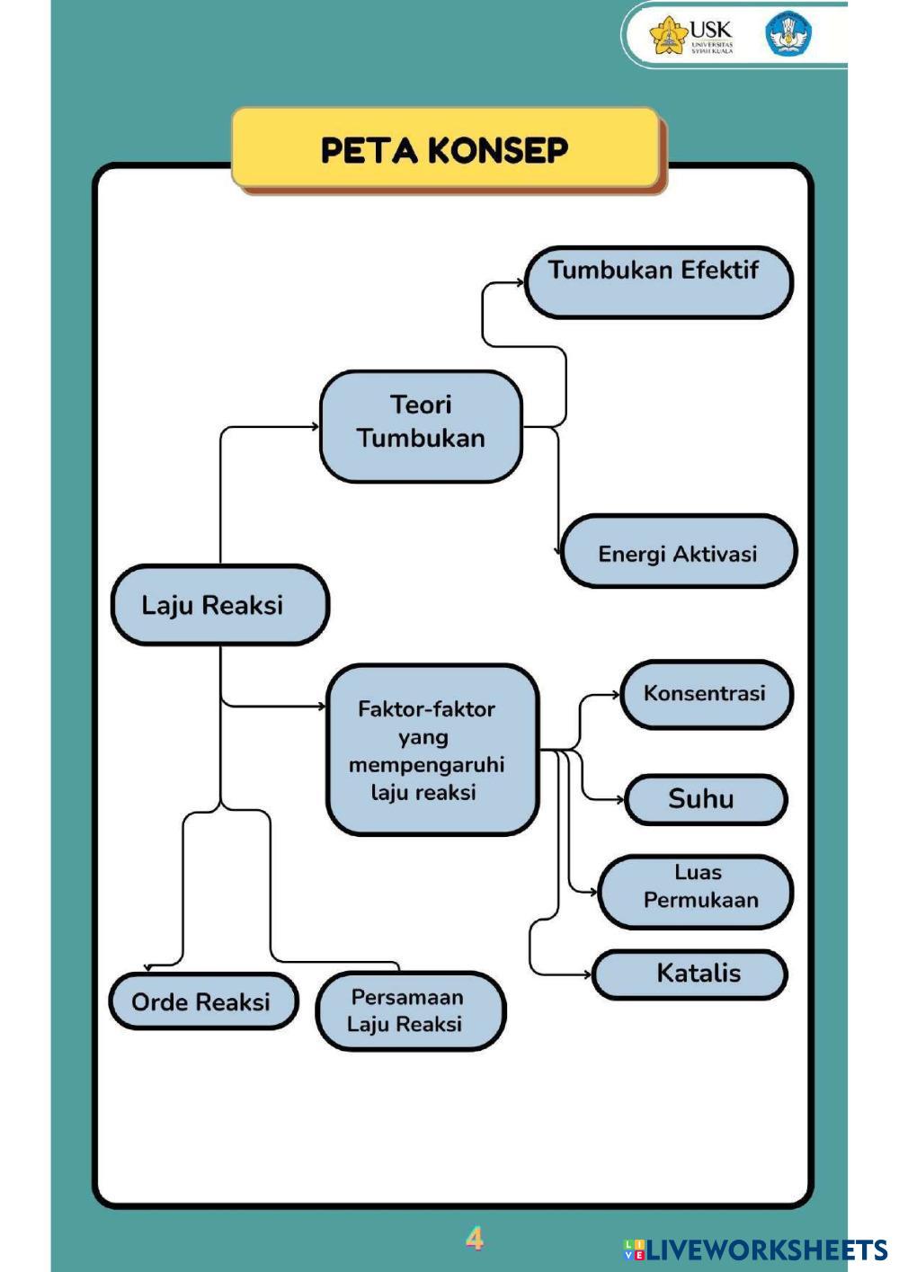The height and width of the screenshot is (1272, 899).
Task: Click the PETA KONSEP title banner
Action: point(445,149)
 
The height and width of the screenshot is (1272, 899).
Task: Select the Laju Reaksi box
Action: point(219,605)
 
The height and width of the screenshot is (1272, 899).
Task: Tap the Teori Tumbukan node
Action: point(421,426)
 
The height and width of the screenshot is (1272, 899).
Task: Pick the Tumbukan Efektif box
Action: point(658,282)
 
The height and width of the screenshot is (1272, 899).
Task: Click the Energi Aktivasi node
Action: point(678,552)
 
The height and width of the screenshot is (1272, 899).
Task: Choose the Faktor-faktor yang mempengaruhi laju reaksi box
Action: point(432,750)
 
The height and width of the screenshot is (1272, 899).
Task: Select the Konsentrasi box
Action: point(706,694)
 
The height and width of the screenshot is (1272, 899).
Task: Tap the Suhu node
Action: point(706,799)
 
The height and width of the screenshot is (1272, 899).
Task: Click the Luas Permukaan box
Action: point(696,891)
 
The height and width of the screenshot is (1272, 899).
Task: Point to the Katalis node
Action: point(690,974)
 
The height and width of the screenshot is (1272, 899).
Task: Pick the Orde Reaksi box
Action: point(203,1001)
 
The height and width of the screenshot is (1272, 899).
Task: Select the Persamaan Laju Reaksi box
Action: point(411,1010)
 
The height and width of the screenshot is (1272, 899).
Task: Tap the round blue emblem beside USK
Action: point(788,34)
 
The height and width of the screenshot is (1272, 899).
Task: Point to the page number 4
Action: point(475,1239)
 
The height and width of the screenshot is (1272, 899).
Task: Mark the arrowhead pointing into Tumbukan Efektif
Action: point(520,282)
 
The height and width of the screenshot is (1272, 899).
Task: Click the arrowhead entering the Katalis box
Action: point(588,974)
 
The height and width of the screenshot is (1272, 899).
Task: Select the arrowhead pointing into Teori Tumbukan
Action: point(315,427)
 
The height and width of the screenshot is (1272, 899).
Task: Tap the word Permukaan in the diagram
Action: point(701,900)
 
